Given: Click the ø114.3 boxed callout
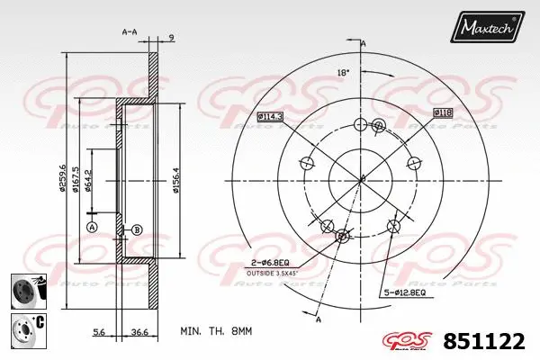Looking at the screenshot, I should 270,116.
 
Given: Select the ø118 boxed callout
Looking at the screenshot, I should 442,112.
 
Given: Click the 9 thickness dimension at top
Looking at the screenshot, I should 171,37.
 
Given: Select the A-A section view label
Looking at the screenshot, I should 129,32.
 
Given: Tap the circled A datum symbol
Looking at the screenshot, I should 91,229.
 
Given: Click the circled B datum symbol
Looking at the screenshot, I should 137,229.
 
